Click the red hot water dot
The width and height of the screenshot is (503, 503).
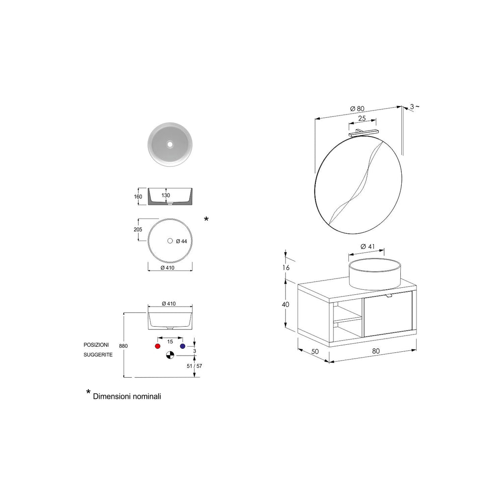tap(158, 346)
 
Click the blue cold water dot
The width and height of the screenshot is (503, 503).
tap(183, 346)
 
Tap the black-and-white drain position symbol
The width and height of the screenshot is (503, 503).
tap(170, 355)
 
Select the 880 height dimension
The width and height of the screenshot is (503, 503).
tap(123, 346)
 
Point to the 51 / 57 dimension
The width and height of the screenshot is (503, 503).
tap(195, 365)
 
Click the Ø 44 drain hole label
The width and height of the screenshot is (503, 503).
tap(181, 241)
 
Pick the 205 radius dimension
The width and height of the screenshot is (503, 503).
tap(138, 229)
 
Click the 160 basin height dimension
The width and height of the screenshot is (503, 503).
tap(138, 196)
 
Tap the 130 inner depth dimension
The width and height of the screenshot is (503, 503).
tap(166, 195)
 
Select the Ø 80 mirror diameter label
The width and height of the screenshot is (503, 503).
tap(357, 109)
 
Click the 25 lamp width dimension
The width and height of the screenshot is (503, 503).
tap(362, 118)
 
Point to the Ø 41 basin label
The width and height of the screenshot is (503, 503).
tap(367, 247)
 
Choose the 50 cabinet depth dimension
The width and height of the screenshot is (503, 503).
tap(315, 351)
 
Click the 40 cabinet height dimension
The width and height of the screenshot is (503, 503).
tap(285, 305)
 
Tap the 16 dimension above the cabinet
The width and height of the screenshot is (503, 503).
tap(286, 267)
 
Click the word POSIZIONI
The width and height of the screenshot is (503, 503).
tap(96, 345)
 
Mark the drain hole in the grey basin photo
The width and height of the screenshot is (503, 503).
tap(169, 144)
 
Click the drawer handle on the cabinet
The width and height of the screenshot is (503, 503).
tap(389, 295)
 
